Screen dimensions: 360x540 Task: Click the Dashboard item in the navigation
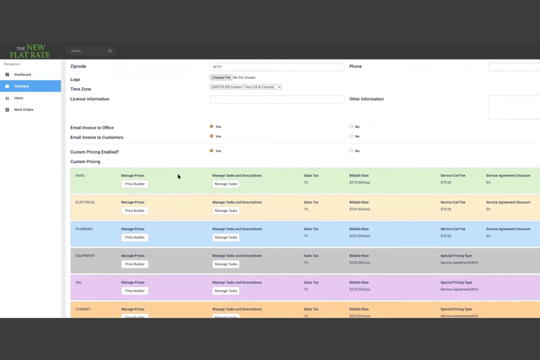click(22, 75)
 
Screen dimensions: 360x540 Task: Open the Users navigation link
click(18, 98)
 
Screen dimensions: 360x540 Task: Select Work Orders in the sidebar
click(23, 110)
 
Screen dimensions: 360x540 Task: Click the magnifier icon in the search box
click(110, 51)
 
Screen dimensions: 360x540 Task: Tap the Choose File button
click(221, 78)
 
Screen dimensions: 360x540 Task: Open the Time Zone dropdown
click(246, 87)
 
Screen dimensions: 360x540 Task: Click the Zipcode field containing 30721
click(277, 67)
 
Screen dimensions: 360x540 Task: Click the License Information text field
click(277, 100)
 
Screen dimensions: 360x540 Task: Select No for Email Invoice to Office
click(351, 127)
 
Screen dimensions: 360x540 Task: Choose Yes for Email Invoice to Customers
click(212, 136)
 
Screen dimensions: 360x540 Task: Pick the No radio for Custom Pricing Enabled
click(351, 151)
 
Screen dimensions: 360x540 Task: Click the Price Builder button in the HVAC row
click(135, 184)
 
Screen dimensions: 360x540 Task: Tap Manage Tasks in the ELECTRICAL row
click(226, 211)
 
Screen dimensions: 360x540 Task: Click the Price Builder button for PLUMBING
click(135, 237)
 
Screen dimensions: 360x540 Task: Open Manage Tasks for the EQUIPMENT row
click(226, 264)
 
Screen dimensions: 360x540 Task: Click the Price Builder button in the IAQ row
click(135, 291)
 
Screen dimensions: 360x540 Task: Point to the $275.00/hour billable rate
click(359, 183)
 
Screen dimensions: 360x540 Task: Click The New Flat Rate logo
click(30, 51)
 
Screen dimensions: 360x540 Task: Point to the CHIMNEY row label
click(83, 309)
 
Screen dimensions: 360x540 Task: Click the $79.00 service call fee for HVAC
click(445, 183)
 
